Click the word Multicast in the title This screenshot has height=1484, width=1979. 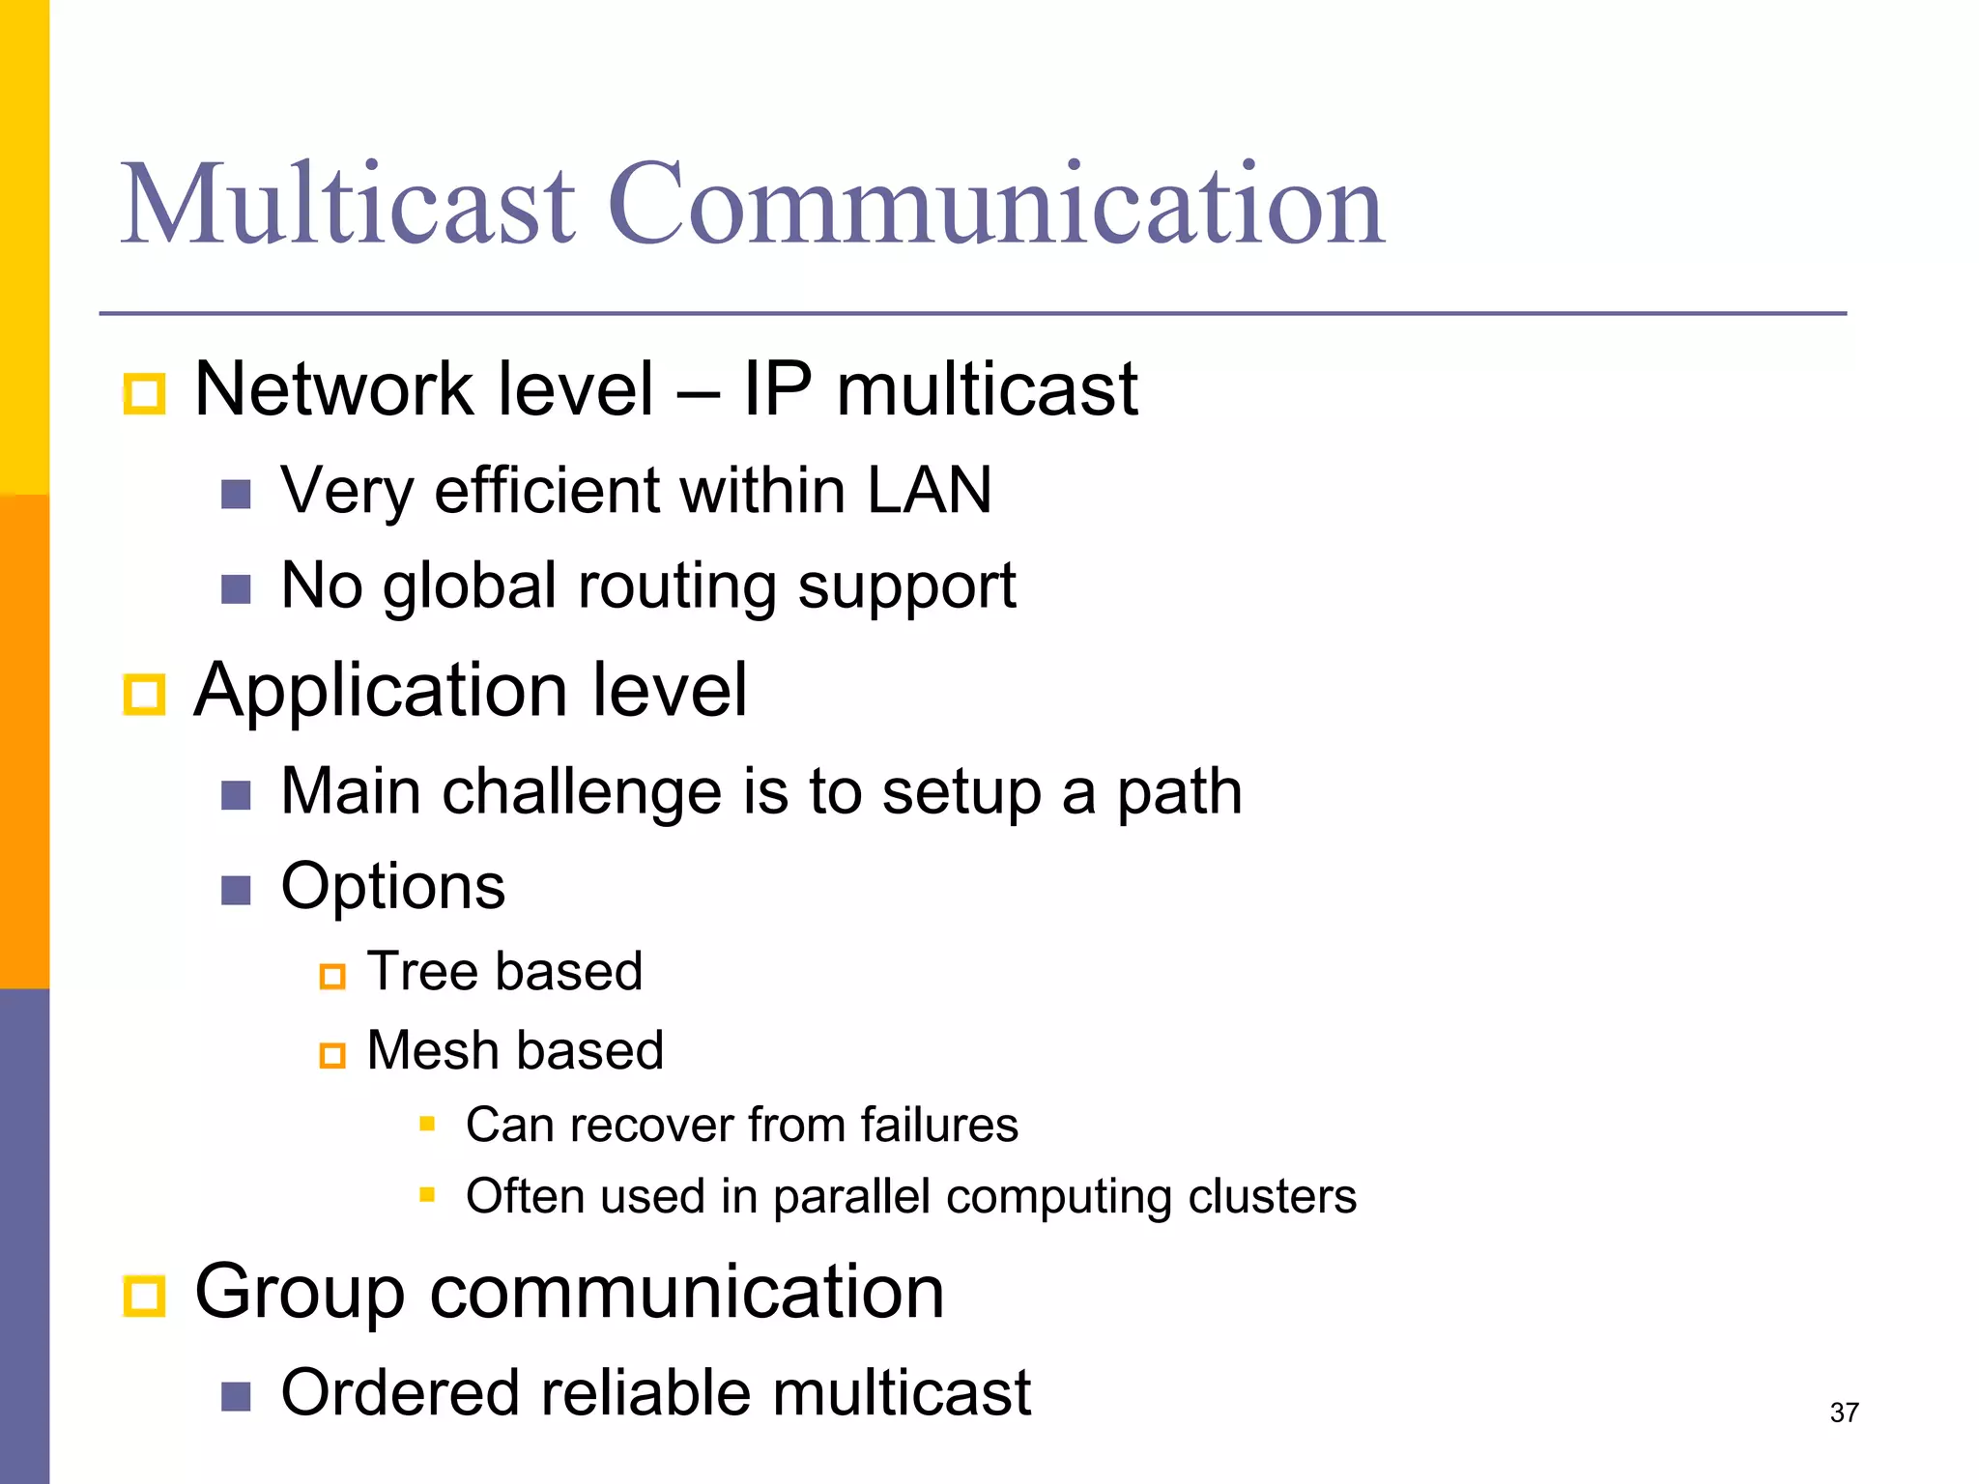(348, 205)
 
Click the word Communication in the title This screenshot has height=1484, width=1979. (996, 205)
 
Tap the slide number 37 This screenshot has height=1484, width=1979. (1844, 1413)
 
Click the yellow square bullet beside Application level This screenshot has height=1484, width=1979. (145, 695)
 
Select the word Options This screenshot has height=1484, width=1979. (392, 887)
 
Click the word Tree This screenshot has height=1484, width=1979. (416, 971)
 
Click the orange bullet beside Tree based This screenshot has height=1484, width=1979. (332, 977)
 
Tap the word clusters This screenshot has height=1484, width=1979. (1272, 1196)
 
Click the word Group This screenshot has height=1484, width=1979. (300, 1293)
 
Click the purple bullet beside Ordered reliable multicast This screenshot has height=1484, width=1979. (236, 1396)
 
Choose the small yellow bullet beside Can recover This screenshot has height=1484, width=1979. (427, 1124)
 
